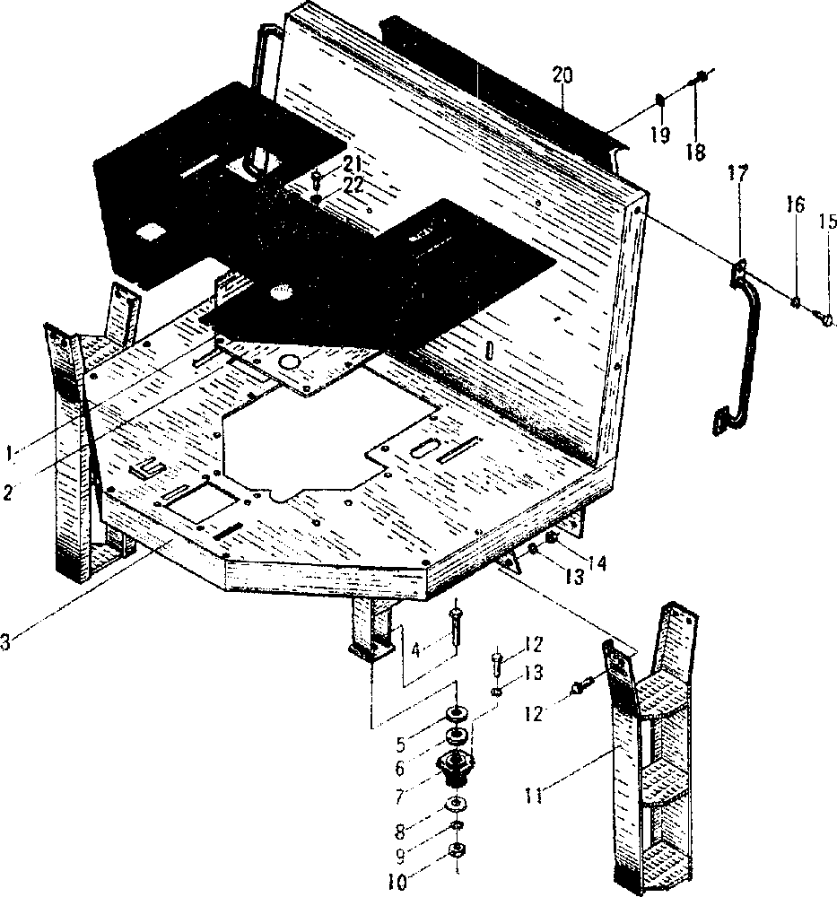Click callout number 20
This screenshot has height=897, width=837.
click(562, 75)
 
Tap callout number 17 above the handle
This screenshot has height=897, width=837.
click(737, 173)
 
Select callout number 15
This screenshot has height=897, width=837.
click(828, 221)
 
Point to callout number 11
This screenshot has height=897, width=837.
click(534, 796)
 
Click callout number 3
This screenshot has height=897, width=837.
click(4, 642)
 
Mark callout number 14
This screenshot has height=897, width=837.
click(597, 563)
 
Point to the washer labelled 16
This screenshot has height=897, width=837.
click(795, 301)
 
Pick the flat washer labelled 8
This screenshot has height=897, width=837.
click(455, 806)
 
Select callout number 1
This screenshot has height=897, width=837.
click(8, 454)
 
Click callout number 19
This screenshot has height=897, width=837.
click(660, 135)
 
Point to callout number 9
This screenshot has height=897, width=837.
click(400, 856)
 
